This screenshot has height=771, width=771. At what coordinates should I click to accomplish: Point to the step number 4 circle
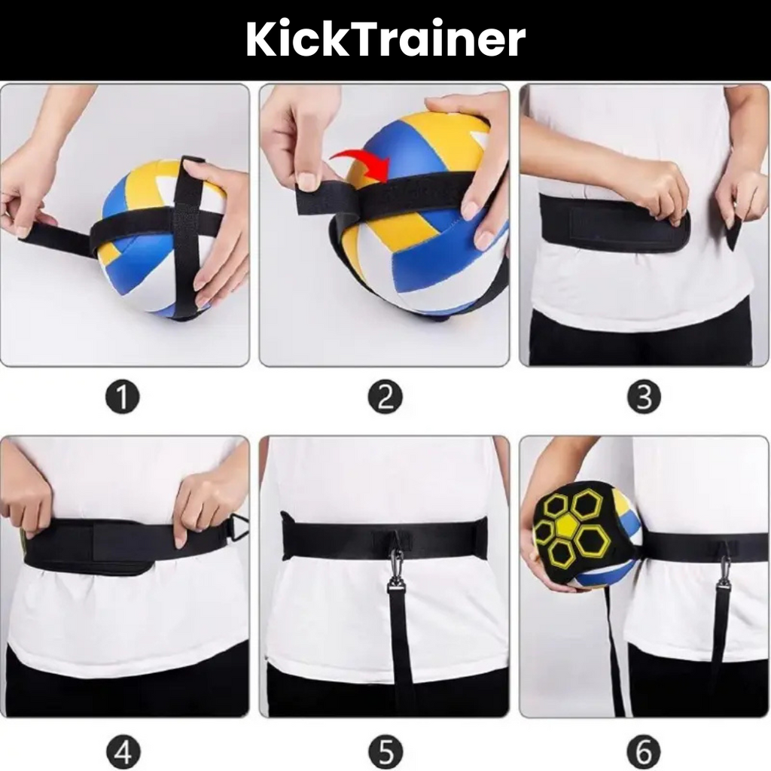point(123,751)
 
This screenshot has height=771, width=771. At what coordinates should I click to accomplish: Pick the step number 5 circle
point(385,751)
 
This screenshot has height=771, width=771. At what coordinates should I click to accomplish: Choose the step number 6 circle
point(644,751)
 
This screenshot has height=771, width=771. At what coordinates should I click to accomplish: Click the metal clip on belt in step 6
point(724,572)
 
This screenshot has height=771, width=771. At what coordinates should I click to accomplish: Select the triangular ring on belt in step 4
point(239,527)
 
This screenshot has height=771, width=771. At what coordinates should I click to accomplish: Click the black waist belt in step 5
point(339,539)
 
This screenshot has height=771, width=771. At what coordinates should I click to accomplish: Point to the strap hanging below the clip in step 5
point(401,648)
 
